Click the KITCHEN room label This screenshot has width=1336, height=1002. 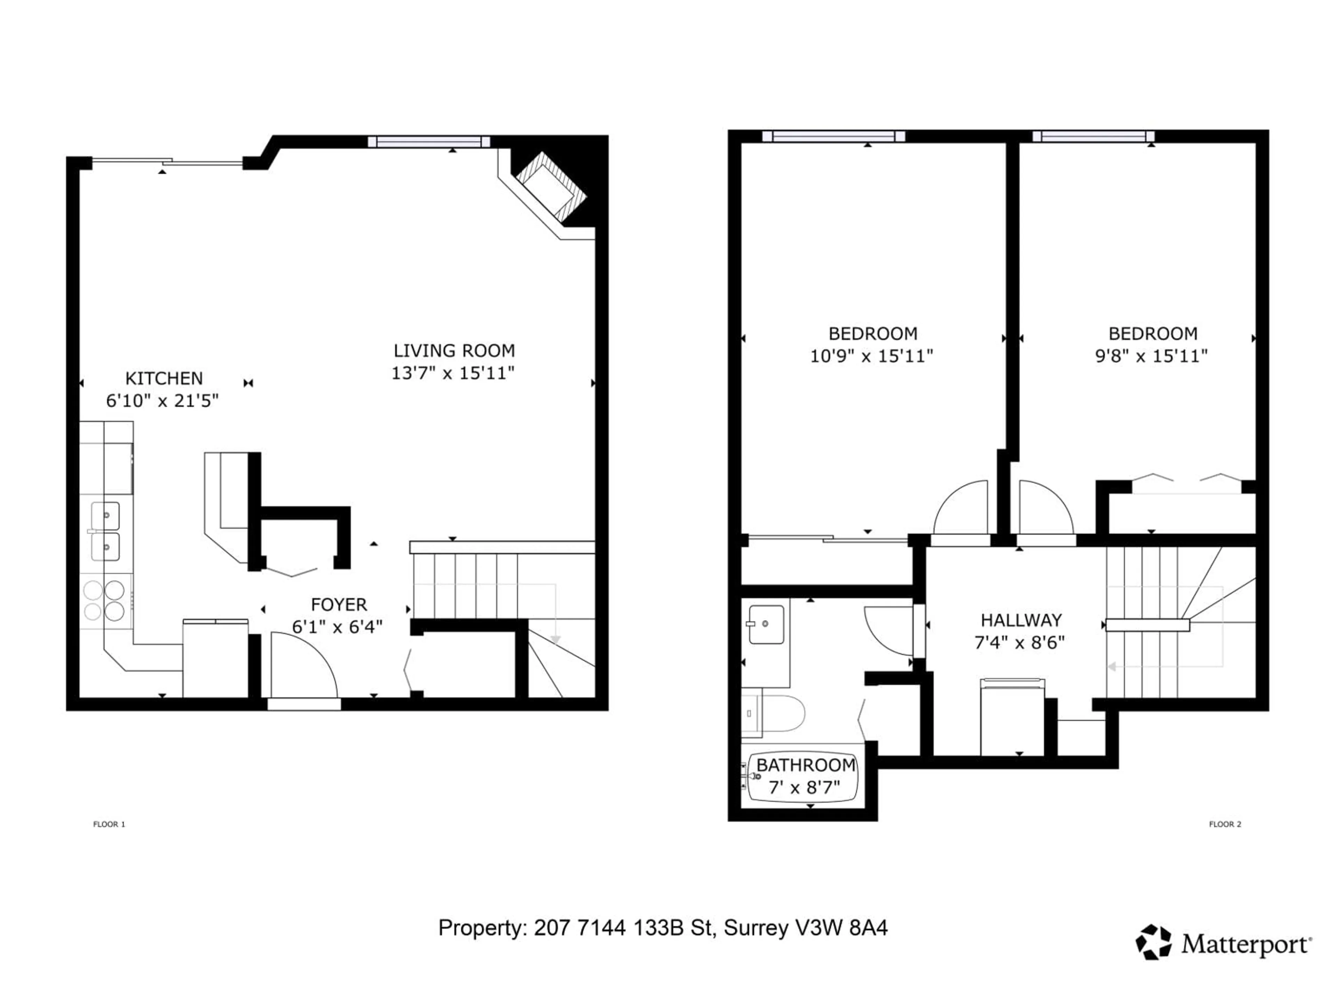(164, 379)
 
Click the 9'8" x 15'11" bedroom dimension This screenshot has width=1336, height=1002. (1151, 356)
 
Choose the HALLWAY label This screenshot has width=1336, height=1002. (1021, 620)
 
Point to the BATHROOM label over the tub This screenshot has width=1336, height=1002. (806, 765)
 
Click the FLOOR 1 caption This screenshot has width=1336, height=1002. (109, 824)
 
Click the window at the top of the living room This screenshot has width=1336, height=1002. (429, 142)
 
